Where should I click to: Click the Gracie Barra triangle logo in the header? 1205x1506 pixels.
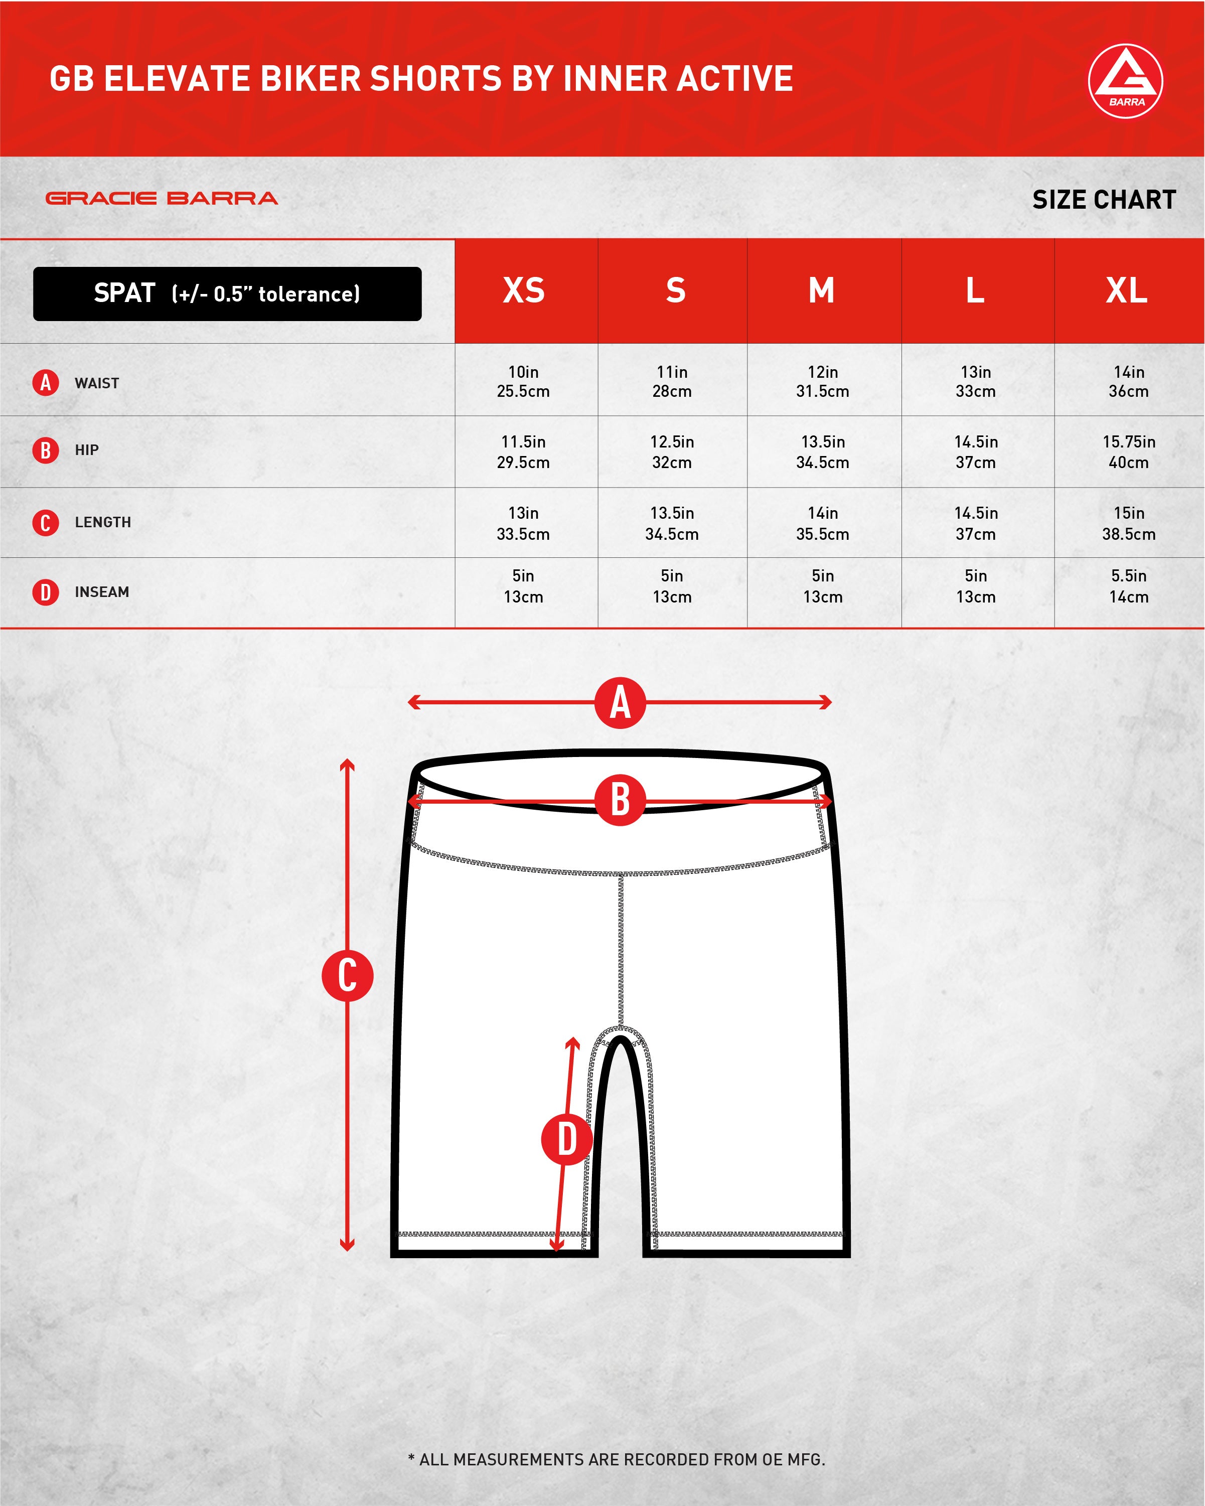click(x=1125, y=81)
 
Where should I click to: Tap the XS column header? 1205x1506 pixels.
click(x=524, y=290)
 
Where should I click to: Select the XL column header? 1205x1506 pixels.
click(x=1127, y=290)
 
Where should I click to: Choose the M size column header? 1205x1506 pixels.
click(x=822, y=290)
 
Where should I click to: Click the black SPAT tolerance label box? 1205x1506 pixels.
click(x=227, y=294)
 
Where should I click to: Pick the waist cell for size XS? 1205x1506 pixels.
click(x=523, y=381)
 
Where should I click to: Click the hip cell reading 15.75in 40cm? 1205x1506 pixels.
click(x=1129, y=452)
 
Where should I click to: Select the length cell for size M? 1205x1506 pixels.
click(x=823, y=523)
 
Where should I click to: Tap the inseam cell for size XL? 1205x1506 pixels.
click(x=1129, y=586)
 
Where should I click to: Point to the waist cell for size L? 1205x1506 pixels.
click(x=976, y=381)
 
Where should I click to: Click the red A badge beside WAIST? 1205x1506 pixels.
click(x=46, y=382)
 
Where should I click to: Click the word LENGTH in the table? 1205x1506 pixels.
click(x=103, y=523)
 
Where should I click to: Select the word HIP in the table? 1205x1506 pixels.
click(x=87, y=450)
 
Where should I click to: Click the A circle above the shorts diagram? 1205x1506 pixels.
click(x=621, y=703)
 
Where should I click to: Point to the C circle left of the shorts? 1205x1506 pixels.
click(x=347, y=975)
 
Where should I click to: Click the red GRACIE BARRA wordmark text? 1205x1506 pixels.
click(x=162, y=198)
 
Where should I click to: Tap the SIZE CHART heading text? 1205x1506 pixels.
click(x=1104, y=200)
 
